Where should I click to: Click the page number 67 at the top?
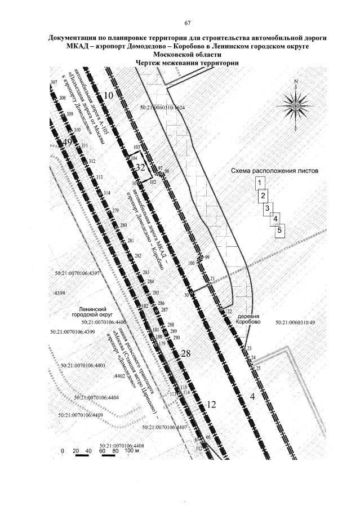tap(188, 23)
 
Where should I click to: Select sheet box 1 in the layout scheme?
tap(260, 183)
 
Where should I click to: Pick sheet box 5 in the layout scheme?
tap(279, 230)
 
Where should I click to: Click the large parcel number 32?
tap(140, 167)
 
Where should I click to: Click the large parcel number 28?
tap(186, 353)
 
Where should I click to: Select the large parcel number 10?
tap(108, 96)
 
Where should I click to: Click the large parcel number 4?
tap(252, 396)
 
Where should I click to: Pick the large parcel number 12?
tap(211, 404)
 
